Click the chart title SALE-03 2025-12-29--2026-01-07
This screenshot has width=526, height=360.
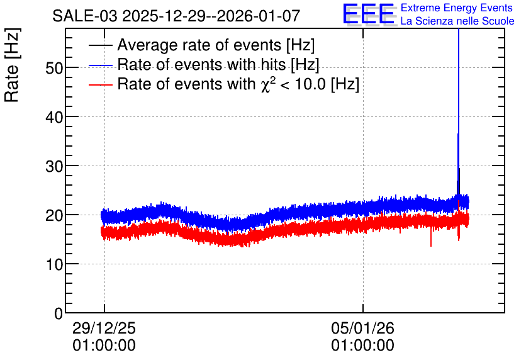[x=176, y=16]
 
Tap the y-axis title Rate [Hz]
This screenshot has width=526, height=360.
[x=12, y=65]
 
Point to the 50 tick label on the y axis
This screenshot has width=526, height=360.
[x=54, y=68]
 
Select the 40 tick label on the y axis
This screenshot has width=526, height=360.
[x=54, y=118]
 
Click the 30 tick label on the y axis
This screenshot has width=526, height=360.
[x=54, y=166]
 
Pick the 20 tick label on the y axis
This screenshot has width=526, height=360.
[x=54, y=216]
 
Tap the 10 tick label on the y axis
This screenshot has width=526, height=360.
[x=54, y=265]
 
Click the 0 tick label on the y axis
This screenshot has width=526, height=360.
[x=59, y=313]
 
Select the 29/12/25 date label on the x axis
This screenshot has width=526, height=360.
[x=104, y=328]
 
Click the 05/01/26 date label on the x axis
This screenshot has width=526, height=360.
[x=362, y=328]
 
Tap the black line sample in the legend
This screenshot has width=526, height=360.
[x=101, y=45]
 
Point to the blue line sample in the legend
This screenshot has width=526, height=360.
[x=101, y=65]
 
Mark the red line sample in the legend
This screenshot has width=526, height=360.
[x=101, y=84]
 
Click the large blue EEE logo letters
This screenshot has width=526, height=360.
[x=368, y=14]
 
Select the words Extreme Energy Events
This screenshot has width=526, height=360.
[x=457, y=8]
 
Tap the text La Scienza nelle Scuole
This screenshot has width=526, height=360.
[x=457, y=21]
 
